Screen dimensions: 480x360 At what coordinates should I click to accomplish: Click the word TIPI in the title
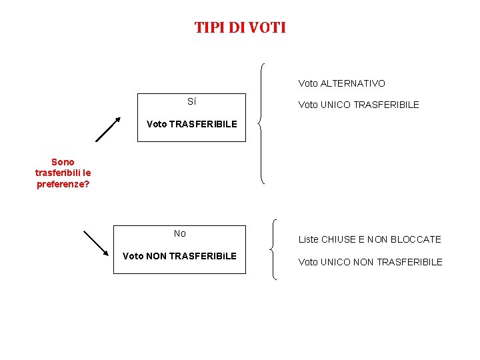[209, 28]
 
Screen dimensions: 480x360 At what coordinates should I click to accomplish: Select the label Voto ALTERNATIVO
[341, 83]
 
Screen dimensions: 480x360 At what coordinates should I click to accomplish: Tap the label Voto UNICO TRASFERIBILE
[359, 105]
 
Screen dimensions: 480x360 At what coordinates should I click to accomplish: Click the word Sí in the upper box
[191, 102]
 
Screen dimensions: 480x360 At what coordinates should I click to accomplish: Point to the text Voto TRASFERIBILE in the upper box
[191, 124]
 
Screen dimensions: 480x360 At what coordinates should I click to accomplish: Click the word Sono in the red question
[63, 162]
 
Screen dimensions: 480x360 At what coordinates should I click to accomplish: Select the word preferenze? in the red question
[63, 184]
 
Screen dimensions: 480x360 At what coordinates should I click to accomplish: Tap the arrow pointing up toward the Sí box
[107, 129]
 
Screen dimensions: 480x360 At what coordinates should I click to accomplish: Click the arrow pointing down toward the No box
[95, 243]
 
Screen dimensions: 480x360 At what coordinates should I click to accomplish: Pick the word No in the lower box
[179, 233]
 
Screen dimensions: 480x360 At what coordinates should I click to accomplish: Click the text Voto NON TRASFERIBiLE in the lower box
[179, 256]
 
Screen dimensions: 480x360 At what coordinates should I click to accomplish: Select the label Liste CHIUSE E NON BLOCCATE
[369, 239]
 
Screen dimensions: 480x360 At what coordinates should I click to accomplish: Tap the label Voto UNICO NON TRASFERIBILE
[370, 262]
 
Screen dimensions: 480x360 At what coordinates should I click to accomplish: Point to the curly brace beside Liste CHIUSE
[274, 250]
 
